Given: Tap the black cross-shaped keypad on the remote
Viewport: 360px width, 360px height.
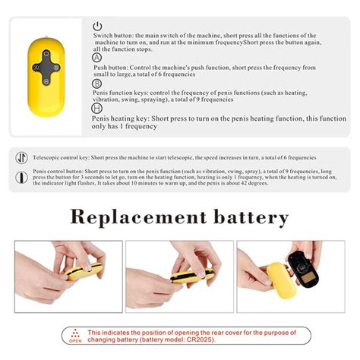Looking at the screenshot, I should click(x=46, y=66).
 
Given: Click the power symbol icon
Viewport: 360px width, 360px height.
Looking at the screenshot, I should click(x=98, y=27).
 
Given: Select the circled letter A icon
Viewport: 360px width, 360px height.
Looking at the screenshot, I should click(x=97, y=58).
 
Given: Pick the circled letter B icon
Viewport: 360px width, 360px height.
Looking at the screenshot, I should click(x=97, y=84).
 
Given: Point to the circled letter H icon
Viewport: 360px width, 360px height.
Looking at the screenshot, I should click(x=97, y=109).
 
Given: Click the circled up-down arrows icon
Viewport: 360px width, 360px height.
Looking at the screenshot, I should click(x=21, y=156).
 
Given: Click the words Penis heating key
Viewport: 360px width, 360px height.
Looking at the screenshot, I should click(x=122, y=118).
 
